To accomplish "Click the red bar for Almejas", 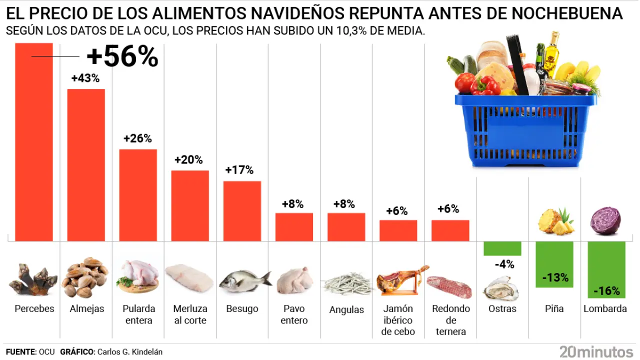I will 86,165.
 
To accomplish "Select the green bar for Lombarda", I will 606,265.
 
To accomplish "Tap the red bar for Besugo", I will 242,211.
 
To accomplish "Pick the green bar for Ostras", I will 502,248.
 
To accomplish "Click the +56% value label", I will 122,57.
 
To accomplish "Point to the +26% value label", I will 137,138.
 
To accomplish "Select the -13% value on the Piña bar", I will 555,277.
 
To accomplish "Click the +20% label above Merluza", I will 188,160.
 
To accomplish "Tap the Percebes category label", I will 34,308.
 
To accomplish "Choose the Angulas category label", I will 346,309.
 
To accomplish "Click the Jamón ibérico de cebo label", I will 398,320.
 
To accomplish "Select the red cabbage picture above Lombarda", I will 605,221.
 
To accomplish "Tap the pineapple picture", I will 555,222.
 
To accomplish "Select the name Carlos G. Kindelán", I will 130,352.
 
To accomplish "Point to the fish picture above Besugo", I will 243,282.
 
